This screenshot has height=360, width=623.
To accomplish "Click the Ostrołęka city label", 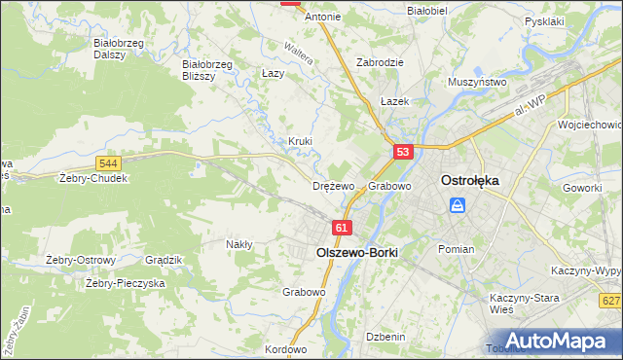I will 470,181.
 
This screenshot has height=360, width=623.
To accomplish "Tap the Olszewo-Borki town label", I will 357,251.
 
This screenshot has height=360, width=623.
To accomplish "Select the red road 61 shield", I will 341,228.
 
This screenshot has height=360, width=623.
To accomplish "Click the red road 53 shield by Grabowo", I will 404,152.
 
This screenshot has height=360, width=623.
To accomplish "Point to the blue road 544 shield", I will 109,163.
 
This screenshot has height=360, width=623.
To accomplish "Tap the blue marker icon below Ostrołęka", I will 458,206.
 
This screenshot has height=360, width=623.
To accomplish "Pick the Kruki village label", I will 300,141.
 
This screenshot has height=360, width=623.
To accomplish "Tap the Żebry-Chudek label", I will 93,179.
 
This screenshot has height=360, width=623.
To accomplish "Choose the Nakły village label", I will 239,244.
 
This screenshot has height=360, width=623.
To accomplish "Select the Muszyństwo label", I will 477,83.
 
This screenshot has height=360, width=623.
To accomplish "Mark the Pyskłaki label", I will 544,20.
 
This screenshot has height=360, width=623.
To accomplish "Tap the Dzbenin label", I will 385,336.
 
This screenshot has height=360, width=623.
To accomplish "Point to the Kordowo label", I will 285,349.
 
